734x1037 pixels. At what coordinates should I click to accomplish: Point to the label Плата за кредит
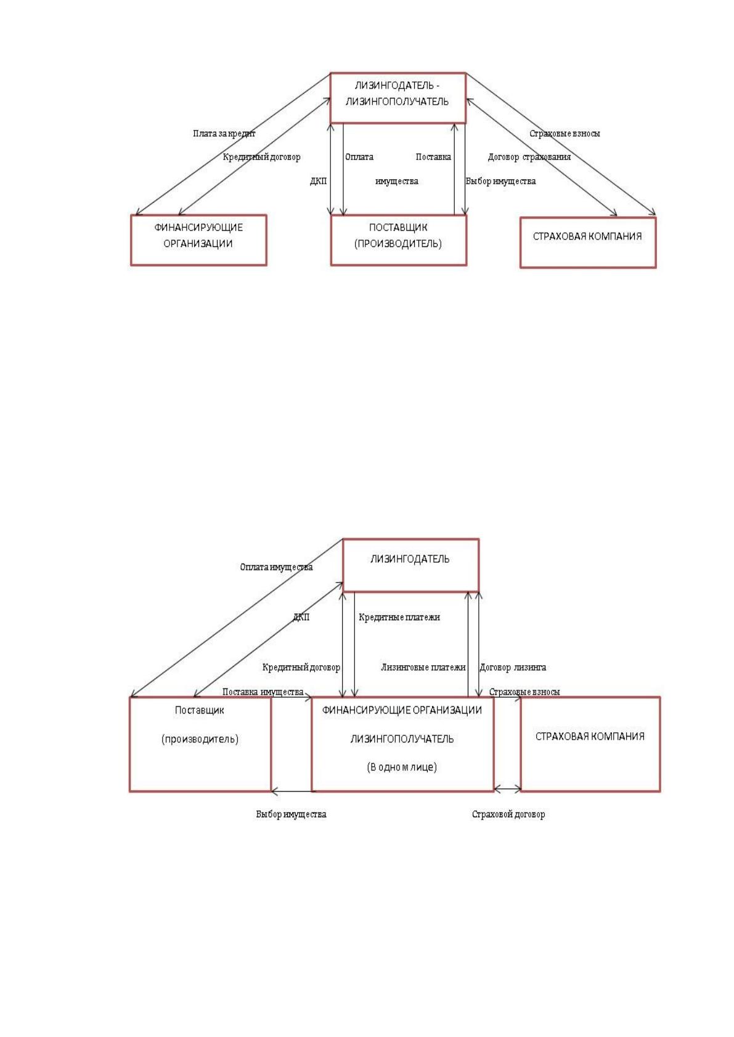[x=224, y=134]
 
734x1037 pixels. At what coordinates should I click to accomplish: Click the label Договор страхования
[x=529, y=157]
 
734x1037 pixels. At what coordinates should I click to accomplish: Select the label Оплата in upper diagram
[x=359, y=157]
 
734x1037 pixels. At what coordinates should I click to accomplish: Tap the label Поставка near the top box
[x=433, y=157]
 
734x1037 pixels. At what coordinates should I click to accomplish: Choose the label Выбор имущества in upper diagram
[x=500, y=181]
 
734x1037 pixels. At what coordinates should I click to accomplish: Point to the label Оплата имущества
[x=276, y=567]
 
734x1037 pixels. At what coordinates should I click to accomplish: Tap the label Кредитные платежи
[x=399, y=617]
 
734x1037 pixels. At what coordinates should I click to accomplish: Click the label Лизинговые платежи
[x=423, y=667]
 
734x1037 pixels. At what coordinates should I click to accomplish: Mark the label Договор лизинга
[x=513, y=667]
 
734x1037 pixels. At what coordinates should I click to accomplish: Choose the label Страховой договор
[x=508, y=814]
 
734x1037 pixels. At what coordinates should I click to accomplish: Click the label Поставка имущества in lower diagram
[x=263, y=692]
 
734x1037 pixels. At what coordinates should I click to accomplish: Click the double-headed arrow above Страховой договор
[x=507, y=789]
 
